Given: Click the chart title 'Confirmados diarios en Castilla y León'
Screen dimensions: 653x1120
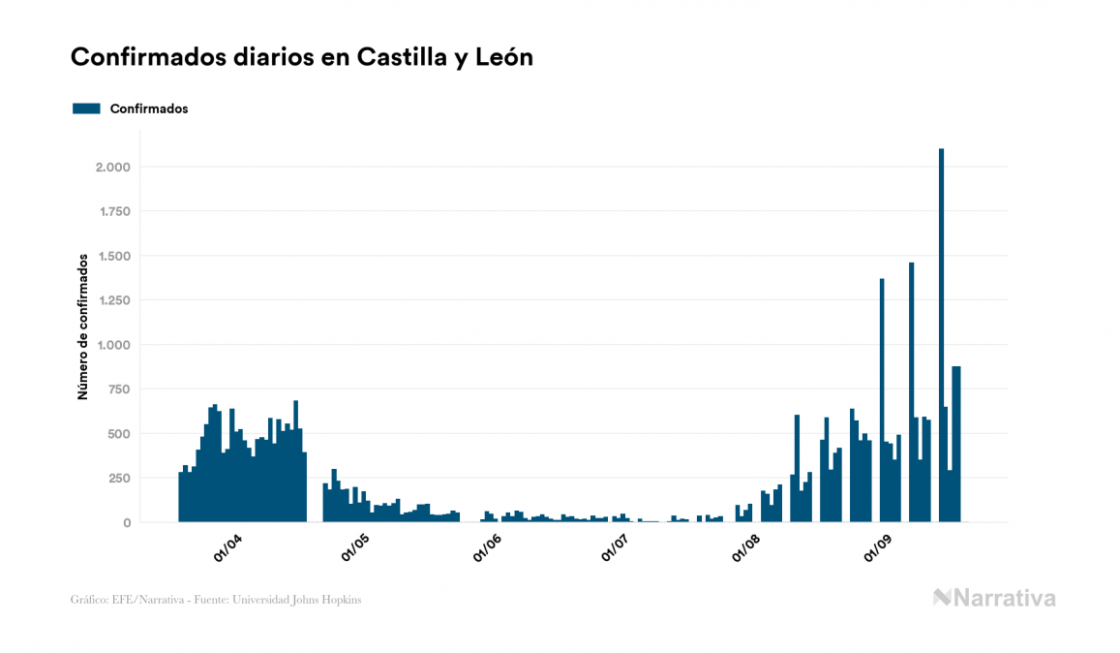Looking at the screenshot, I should pyautogui.click(x=302, y=57).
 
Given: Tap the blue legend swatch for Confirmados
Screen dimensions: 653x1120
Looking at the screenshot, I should pyautogui.click(x=86, y=109).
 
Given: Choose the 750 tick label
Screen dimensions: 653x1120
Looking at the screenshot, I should pyautogui.click(x=118, y=389).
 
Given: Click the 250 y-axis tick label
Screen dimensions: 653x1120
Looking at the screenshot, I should pyautogui.click(x=118, y=479).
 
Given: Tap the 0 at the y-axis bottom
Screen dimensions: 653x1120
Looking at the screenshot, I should pyautogui.click(x=127, y=523).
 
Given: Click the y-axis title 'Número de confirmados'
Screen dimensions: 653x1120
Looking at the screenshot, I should pyautogui.click(x=83, y=326).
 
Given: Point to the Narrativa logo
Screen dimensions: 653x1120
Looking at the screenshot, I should pyautogui.click(x=994, y=598).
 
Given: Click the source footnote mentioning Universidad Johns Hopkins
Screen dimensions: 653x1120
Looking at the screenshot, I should pyautogui.click(x=216, y=600).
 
